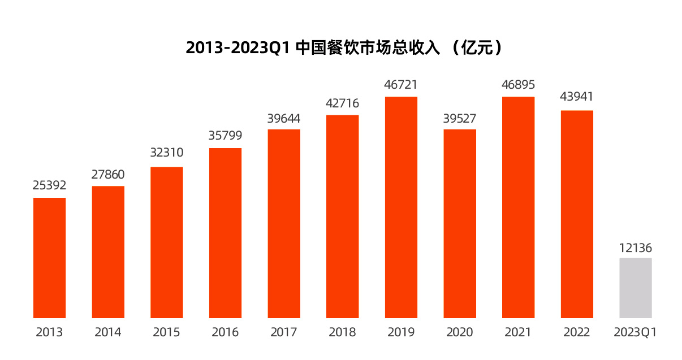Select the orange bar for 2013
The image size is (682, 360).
coord(50,258)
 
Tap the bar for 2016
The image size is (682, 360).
coord(226,233)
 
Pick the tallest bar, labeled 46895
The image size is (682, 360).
coord(518,207)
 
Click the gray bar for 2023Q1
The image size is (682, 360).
coord(636,288)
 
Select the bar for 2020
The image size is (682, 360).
coord(460,224)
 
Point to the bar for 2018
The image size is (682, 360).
coord(343,216)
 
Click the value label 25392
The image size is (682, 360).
coord(50,185)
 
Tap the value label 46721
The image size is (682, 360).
coord(401,85)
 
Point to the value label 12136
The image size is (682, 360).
coord(636,248)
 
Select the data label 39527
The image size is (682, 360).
coord(460,119)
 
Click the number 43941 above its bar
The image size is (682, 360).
coord(577,97)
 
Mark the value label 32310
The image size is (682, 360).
coord(167,153)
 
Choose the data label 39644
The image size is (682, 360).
coord(284,119)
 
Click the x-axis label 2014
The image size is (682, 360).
coord(108,332)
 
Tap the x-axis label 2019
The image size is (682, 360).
coord(401,332)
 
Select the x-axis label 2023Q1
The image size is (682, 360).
coord(636,332)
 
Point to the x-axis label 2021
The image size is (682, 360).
coord(518,332)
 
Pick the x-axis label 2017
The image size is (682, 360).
coord(284,332)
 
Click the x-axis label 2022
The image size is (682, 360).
coord(577,332)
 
